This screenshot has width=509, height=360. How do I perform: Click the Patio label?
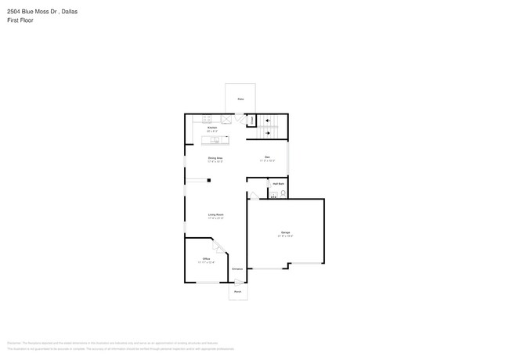point(241,100)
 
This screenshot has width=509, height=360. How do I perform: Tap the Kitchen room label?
point(211,127)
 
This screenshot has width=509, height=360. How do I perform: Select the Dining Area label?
point(215,158)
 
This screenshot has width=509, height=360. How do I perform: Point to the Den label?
point(267,158)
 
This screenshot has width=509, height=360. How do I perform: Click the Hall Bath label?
point(278,183)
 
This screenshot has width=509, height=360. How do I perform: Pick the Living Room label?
point(216,215)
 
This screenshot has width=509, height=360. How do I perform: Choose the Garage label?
point(285,233)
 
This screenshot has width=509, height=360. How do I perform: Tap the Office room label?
point(206,259)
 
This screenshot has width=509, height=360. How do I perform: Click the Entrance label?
point(236,269)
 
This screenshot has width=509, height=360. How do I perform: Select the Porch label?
point(237,292)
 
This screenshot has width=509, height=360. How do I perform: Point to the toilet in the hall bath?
point(283,193)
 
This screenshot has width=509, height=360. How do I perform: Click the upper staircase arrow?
point(269,121)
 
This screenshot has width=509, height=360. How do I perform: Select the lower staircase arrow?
point(269,132)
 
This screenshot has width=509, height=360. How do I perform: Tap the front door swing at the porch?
point(237,283)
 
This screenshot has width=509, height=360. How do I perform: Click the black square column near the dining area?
point(209,181)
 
